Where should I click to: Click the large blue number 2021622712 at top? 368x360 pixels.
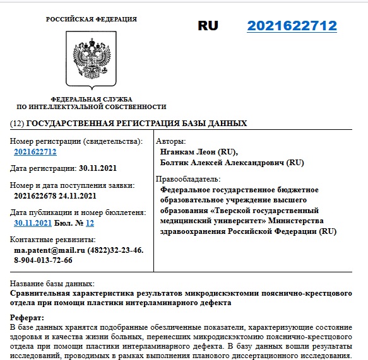pos(292,26)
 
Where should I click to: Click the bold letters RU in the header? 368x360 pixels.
pos(208,26)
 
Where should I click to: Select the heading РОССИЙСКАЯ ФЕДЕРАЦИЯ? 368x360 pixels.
pos(91,20)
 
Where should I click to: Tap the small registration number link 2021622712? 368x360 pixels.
pos(35,152)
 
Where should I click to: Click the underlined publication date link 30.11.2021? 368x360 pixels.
pos(32,223)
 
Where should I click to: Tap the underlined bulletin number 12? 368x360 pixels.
pos(90,223)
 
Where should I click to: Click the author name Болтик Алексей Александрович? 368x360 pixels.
pos(223,163)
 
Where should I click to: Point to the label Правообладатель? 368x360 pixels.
pos(187,179)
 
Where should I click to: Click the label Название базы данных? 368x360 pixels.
pos(52,284)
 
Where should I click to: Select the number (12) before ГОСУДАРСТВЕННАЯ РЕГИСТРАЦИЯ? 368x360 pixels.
pos(18,123)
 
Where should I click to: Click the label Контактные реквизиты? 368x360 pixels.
pos(53,240)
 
